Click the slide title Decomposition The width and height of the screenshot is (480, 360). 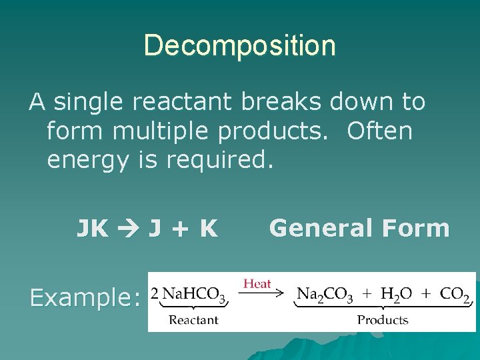click(239, 46)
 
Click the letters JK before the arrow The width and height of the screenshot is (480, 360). click(93, 229)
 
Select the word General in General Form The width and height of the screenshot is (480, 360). click(321, 229)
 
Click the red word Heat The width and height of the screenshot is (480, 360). click(257, 283)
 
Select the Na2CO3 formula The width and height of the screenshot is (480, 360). click(325, 294)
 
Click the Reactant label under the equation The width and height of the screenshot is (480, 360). click(193, 320)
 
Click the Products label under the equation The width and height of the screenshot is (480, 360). click(383, 320)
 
